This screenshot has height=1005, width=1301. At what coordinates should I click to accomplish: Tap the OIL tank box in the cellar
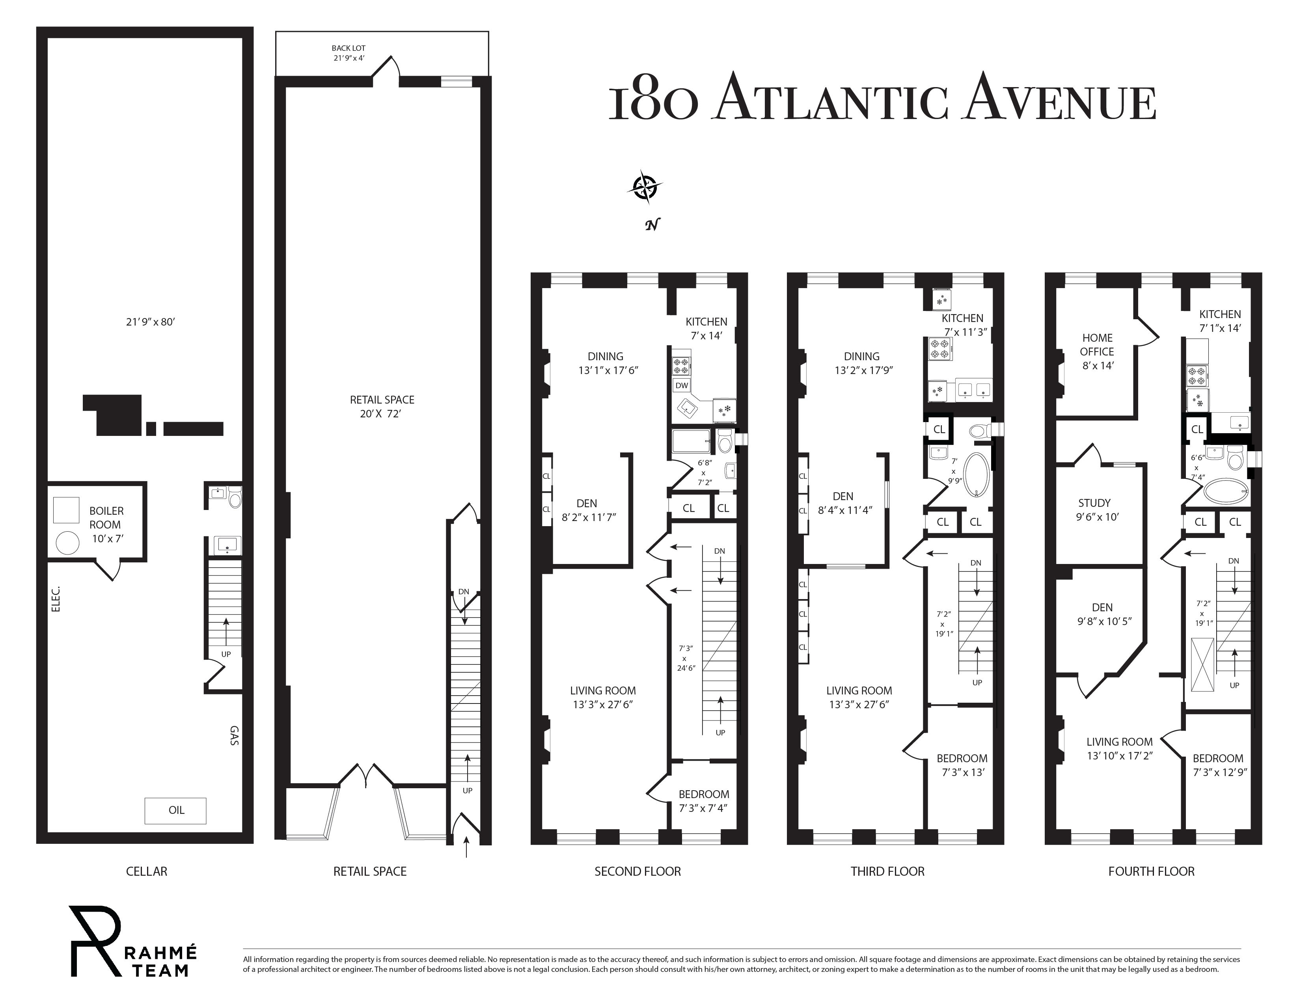176,810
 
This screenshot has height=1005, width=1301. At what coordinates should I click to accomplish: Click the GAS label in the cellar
234,736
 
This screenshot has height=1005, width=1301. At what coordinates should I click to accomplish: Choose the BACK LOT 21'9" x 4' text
349,53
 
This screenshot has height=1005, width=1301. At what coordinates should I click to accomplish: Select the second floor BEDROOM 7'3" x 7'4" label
703,801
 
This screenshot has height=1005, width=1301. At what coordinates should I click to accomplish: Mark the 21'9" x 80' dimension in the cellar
150,322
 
